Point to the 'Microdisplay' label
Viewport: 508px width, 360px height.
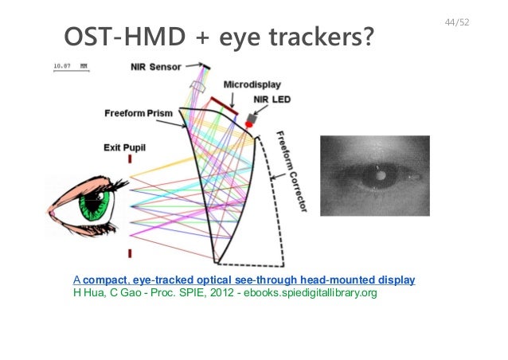coord(251,84)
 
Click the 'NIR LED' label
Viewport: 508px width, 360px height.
coord(269,100)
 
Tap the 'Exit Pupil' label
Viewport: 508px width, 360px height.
coord(127,147)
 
